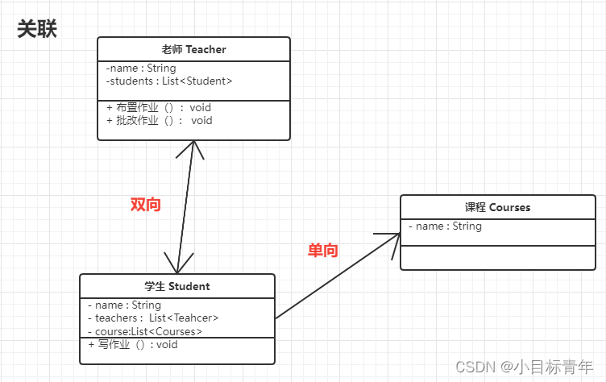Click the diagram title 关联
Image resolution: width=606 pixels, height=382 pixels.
(x=37, y=29)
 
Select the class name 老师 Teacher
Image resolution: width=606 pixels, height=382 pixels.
(x=193, y=49)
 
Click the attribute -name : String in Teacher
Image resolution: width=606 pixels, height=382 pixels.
(x=141, y=69)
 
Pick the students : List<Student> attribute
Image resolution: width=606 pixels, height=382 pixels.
(x=169, y=81)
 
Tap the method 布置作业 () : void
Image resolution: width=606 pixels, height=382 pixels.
(x=159, y=107)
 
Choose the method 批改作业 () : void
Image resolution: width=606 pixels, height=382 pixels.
(x=160, y=120)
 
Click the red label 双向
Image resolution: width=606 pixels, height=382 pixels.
(x=146, y=205)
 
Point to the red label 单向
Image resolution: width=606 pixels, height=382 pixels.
(x=323, y=251)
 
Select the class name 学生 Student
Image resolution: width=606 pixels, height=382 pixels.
(x=177, y=286)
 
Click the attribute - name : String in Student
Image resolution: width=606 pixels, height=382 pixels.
(x=124, y=305)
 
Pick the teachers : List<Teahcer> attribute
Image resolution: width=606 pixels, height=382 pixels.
(x=153, y=318)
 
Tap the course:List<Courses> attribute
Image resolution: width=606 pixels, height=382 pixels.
(x=145, y=330)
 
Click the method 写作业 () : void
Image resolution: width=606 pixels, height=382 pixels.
(x=133, y=344)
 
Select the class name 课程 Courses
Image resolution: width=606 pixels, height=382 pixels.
(x=498, y=207)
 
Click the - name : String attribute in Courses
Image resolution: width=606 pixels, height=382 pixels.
(x=445, y=226)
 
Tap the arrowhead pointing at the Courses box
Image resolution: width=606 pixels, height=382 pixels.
(x=395, y=236)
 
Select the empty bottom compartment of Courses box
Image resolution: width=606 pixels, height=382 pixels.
(x=498, y=258)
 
